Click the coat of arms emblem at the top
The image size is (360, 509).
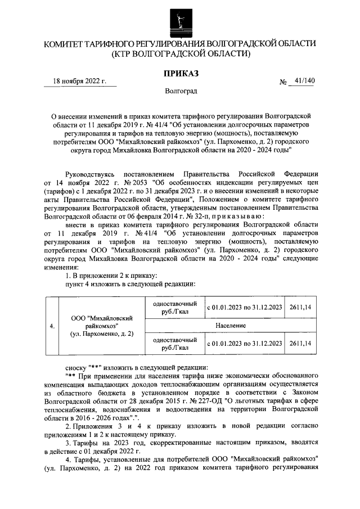(180, 20)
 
